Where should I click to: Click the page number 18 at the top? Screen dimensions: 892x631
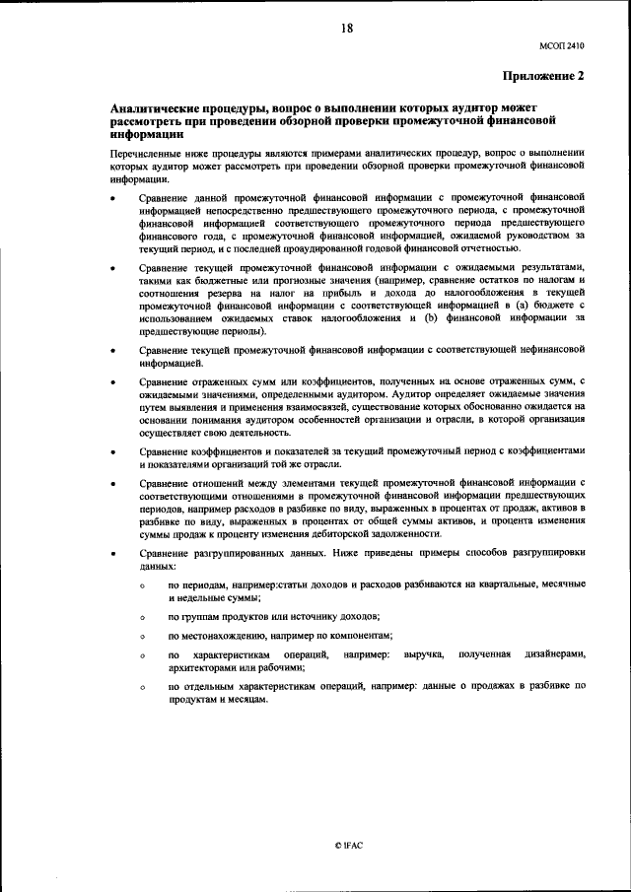tap(346, 29)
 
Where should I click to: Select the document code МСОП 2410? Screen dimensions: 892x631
tap(562, 44)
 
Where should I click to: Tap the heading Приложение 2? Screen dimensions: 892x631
tap(542, 75)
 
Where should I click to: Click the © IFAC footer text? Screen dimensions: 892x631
tap(349, 846)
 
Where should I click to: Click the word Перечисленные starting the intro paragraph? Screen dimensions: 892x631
tap(148, 154)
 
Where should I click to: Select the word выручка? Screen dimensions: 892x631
tap(421, 653)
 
